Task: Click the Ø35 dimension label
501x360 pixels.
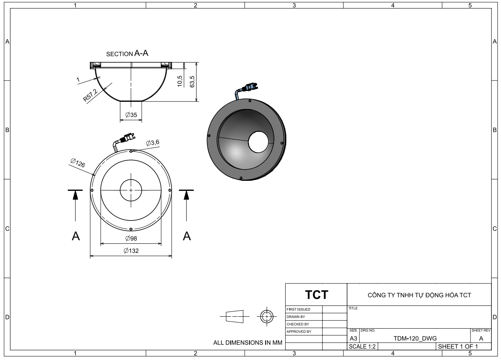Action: click(x=131, y=115)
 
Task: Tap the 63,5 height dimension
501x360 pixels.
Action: click(x=193, y=81)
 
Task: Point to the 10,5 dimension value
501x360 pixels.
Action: click(x=180, y=80)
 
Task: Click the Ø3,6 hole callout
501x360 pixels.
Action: click(x=152, y=143)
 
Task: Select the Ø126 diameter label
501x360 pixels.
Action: click(x=77, y=163)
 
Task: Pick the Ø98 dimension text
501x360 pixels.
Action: click(x=131, y=238)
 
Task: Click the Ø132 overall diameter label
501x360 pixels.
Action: click(x=131, y=251)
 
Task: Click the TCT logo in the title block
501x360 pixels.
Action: click(x=316, y=295)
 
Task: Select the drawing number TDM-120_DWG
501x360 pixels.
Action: click(x=415, y=338)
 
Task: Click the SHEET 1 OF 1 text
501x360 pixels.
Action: click(x=458, y=346)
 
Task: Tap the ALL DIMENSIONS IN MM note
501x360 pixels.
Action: click(x=248, y=343)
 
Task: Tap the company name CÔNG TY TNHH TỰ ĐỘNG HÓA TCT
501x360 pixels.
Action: click(x=419, y=295)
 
